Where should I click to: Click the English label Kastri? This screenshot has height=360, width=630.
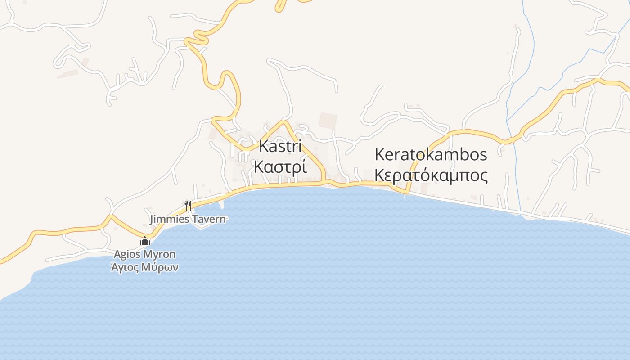[x=280, y=147]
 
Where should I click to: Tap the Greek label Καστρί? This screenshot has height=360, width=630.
[x=280, y=166]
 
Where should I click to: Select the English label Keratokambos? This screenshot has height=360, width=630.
[x=431, y=154]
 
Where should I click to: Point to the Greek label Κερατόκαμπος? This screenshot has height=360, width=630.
[x=431, y=175]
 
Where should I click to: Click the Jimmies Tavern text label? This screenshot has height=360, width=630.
[x=188, y=220]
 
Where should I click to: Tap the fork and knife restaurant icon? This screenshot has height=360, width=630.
[x=188, y=206]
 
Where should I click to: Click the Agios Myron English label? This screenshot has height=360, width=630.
[x=144, y=254]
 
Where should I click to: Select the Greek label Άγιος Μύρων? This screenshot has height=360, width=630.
[x=144, y=267]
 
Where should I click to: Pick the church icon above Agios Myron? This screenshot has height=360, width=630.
[x=144, y=241]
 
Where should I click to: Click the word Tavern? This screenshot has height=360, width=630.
[x=209, y=220]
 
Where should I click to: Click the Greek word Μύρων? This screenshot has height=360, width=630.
[x=161, y=267]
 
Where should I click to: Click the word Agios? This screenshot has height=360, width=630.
[x=126, y=254]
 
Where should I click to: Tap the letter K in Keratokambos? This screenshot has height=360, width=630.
[x=379, y=154]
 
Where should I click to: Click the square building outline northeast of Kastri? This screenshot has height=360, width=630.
[x=328, y=121]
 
